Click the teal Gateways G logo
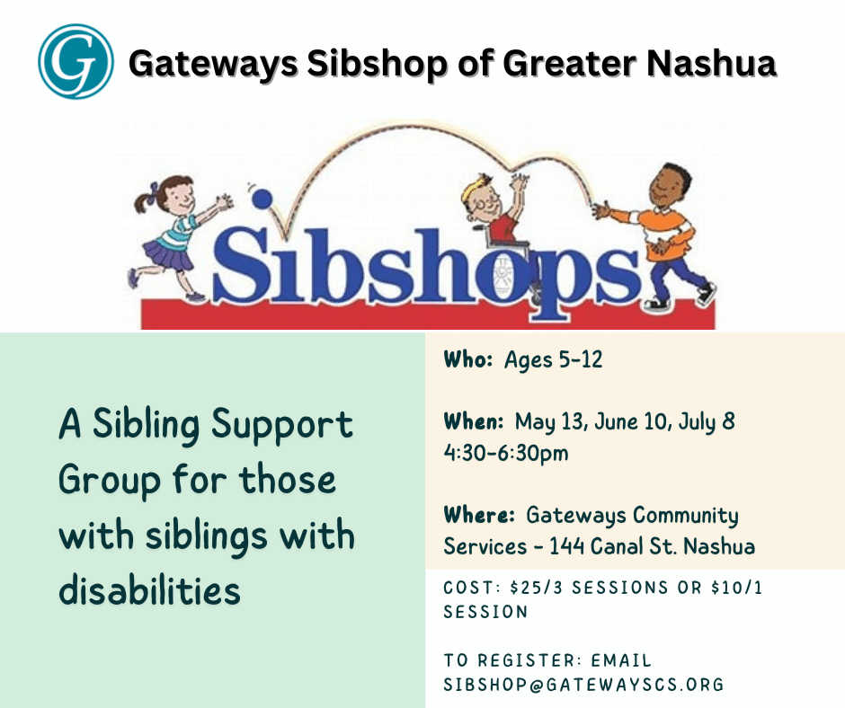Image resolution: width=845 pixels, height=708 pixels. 76,61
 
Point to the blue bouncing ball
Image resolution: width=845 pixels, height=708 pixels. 261,199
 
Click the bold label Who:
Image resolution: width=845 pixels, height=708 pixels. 467,360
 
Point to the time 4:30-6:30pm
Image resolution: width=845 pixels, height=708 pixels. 506,453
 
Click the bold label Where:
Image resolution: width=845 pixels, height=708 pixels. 479,515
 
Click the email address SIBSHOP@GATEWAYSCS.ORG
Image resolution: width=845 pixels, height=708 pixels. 583,685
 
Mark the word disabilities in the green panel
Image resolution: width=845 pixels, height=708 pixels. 149,590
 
